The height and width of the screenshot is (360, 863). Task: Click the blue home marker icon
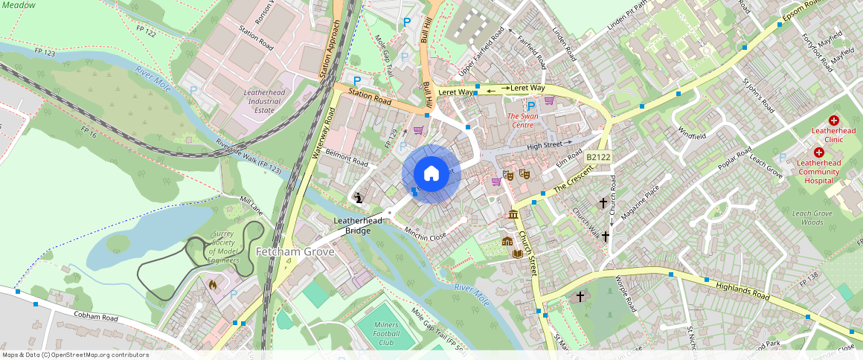pos(431,173)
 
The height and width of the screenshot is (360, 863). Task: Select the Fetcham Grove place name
pos(295,252)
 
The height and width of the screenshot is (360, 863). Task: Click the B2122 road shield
pos(597,158)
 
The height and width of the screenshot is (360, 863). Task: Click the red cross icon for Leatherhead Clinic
pos(834,120)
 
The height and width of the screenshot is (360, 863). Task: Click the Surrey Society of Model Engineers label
pos(224,247)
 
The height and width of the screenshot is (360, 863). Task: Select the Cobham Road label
pos(96,315)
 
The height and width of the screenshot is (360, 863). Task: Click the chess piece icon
pos(359,198)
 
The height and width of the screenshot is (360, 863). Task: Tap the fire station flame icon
pos(213,283)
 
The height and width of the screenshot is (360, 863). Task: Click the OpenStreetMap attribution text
pos(76,355)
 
